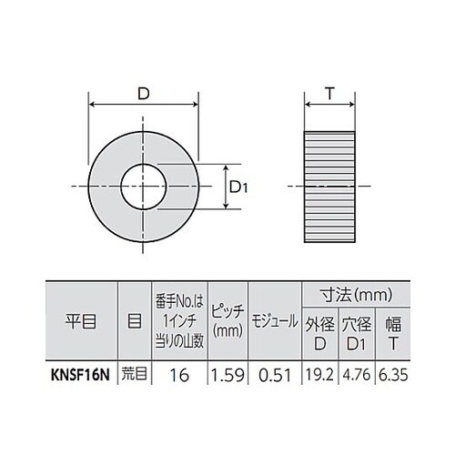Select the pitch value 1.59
[227, 371]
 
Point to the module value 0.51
[274, 371]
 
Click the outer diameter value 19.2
[321, 371]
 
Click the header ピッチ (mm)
[227, 322]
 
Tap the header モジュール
[274, 322]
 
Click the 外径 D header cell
[321, 334]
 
